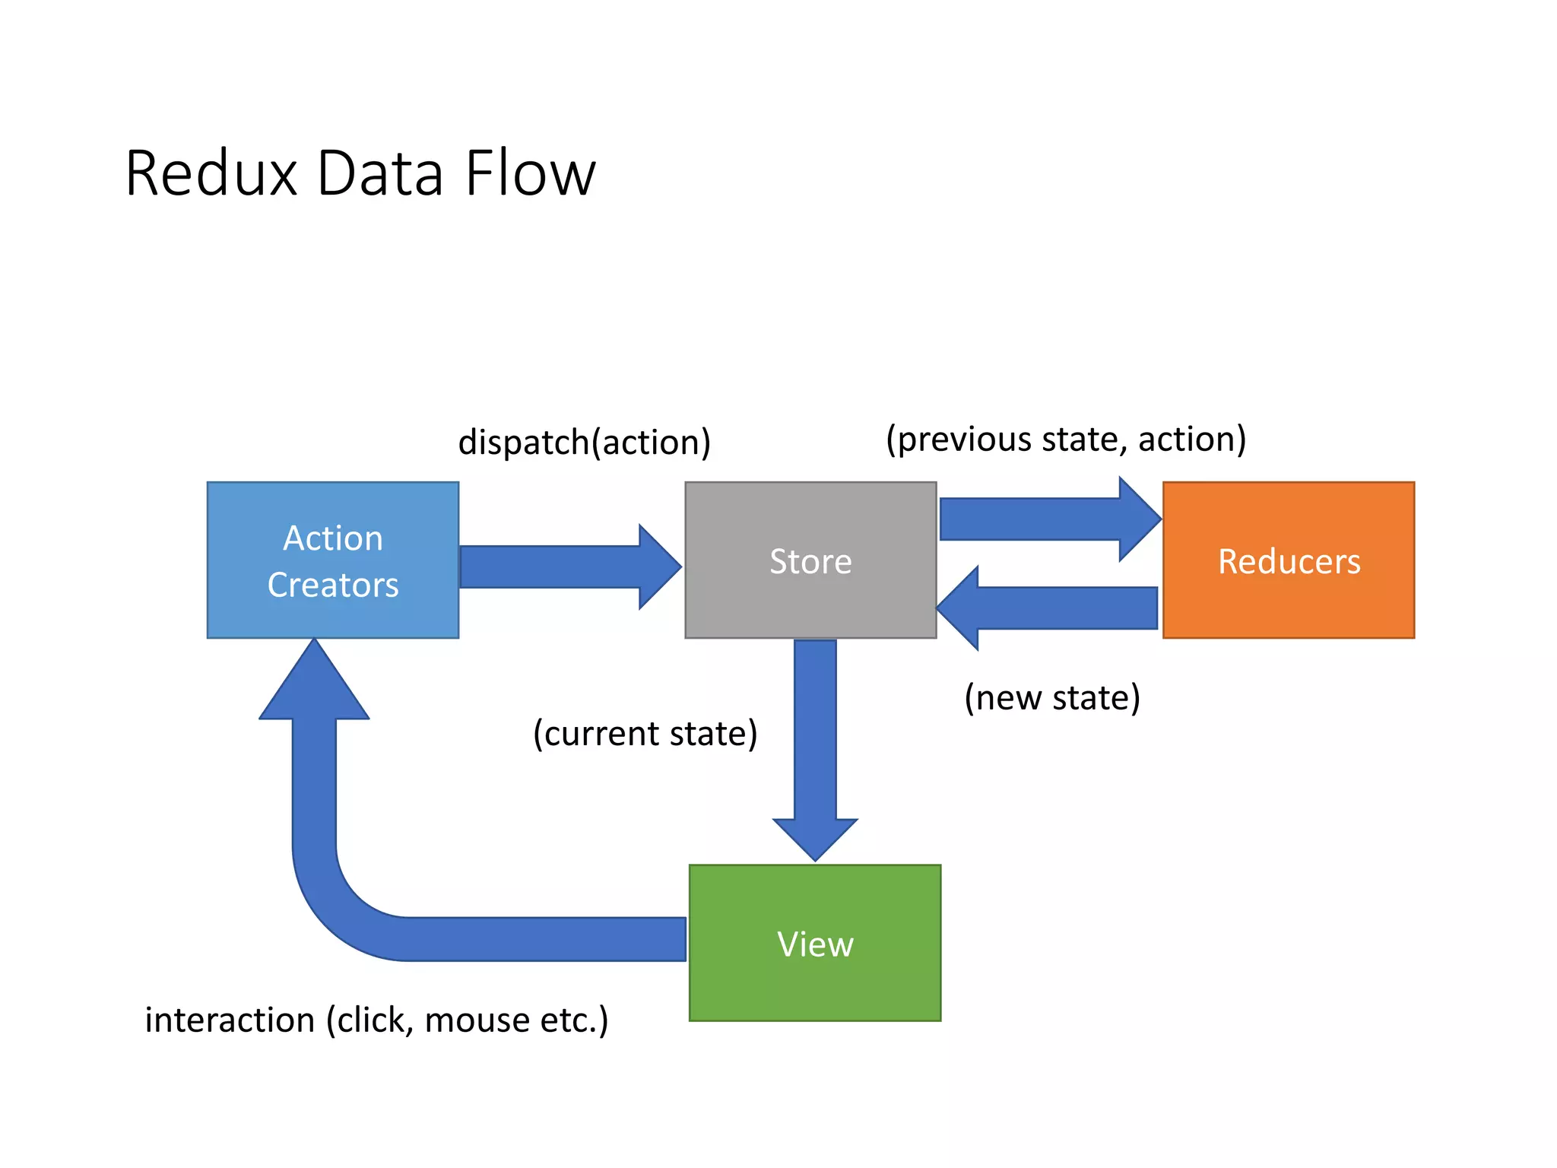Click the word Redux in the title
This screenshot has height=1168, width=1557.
(211, 173)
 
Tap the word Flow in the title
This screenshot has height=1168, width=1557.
(530, 173)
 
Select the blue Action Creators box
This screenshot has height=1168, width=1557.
(332, 560)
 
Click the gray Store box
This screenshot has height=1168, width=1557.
(810, 560)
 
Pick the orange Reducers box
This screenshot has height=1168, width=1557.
(1288, 560)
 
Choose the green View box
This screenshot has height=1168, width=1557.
(814, 943)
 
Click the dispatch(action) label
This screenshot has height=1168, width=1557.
(584, 442)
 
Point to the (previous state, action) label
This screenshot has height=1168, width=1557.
(1066, 439)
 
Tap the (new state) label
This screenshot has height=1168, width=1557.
(1052, 697)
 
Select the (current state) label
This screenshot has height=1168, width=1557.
(645, 733)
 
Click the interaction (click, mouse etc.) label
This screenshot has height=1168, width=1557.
(376, 1020)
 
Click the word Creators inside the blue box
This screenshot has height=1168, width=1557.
(332, 585)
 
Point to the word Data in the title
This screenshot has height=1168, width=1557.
(379, 173)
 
